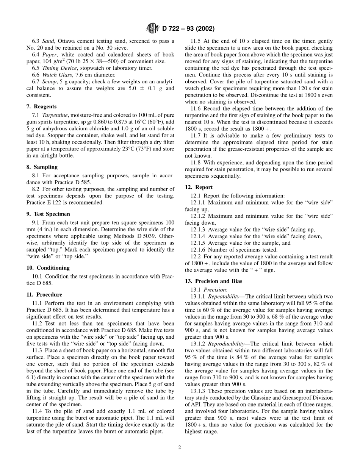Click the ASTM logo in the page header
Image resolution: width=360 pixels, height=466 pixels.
[153, 28]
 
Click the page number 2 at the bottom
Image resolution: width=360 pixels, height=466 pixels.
[180, 447]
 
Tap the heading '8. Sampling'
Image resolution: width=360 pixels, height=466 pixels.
[42, 167]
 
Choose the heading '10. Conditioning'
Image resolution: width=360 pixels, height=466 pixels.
[48, 267]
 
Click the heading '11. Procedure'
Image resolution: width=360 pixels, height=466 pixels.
[44, 294]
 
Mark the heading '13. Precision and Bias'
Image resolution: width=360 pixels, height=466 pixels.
[213, 281]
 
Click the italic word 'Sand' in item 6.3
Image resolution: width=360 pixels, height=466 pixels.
[48, 41]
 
